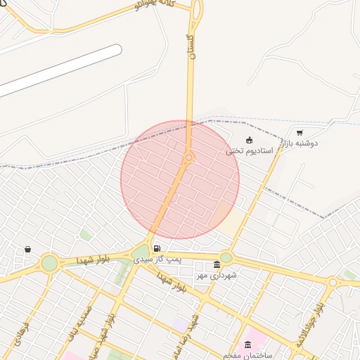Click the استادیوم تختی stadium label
click(x=244, y=150)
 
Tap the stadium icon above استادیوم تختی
click(x=249, y=139)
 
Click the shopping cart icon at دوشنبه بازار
click(x=300, y=132)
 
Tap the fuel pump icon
click(x=156, y=248)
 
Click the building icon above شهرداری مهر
click(x=217, y=264)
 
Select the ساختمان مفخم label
click(x=248, y=355)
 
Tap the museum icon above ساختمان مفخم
click(x=247, y=344)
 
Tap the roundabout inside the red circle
click(x=188, y=157)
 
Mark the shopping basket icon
click(x=27, y=249)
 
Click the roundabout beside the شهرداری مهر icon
click(x=226, y=257)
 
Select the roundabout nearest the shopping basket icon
click(x=49, y=264)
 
